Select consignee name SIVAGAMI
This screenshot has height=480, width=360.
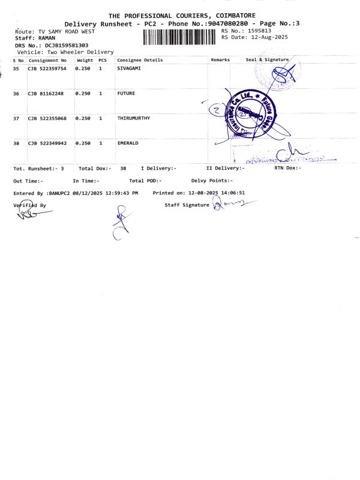click(x=129, y=69)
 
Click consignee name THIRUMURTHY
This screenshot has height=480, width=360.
click(x=133, y=118)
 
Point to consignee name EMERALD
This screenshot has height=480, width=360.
click(x=127, y=143)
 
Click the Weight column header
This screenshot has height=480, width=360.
click(x=85, y=60)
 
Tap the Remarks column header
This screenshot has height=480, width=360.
click(x=220, y=60)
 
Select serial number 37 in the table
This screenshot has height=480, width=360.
click(x=16, y=119)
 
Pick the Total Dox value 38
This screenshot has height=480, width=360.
click(x=123, y=169)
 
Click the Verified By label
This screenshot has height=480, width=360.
click(x=29, y=205)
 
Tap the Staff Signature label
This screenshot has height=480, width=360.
click(x=187, y=205)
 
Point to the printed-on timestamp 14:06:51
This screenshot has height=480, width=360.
click(x=231, y=193)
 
